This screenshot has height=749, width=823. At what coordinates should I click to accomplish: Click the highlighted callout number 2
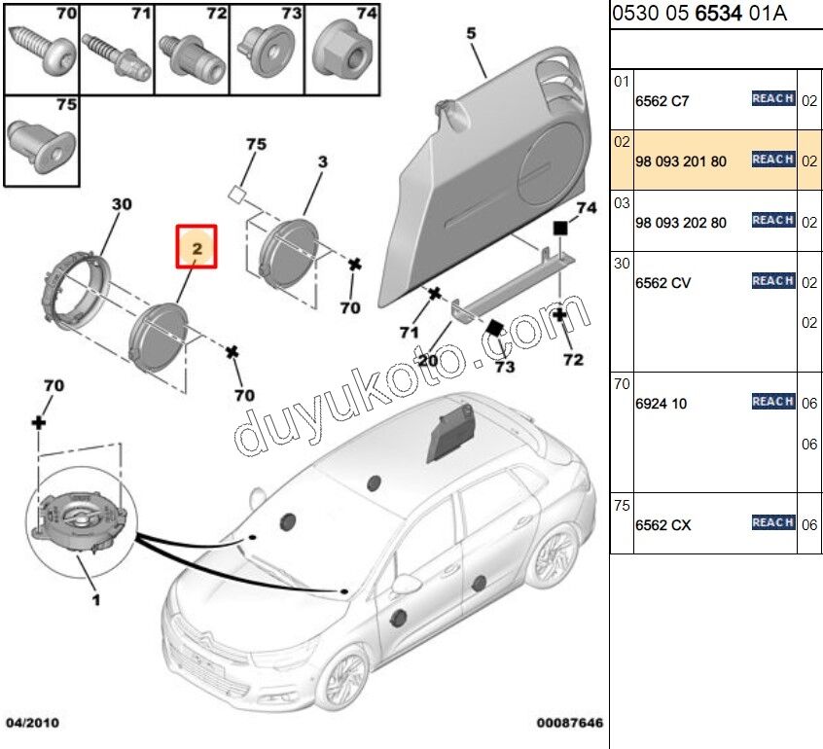[x=197, y=248]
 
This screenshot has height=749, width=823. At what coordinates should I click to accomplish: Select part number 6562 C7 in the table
[x=662, y=101]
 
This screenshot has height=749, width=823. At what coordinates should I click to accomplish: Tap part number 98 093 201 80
[x=680, y=161]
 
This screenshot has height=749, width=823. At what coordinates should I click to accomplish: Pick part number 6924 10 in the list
[x=662, y=404]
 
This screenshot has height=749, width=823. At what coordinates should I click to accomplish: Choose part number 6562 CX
[x=662, y=525]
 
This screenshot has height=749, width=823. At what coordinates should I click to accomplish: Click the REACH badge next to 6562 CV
[x=773, y=281]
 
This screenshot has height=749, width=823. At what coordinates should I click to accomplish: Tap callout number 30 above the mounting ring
[x=121, y=205]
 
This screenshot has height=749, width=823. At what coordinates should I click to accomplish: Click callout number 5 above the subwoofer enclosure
[x=472, y=34]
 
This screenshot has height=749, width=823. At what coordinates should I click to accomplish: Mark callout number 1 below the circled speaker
[x=95, y=600]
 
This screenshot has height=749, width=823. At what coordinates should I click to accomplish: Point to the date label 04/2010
[x=31, y=723]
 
